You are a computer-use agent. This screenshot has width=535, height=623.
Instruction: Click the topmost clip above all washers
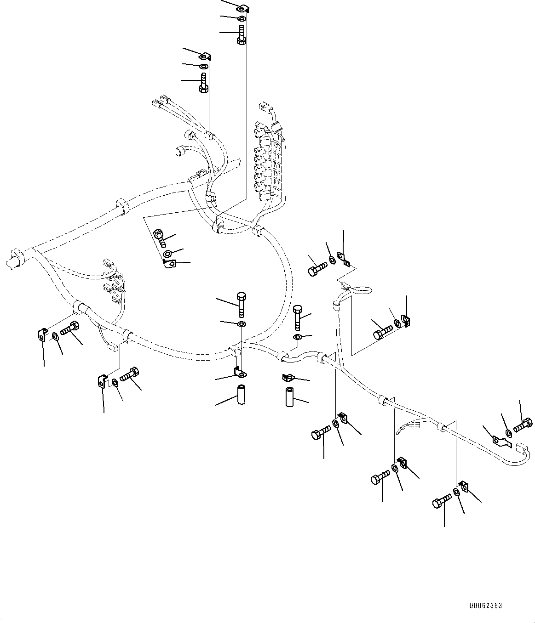coord(242,8)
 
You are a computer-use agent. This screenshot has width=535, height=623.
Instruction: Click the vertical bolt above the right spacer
coord(297,317)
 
